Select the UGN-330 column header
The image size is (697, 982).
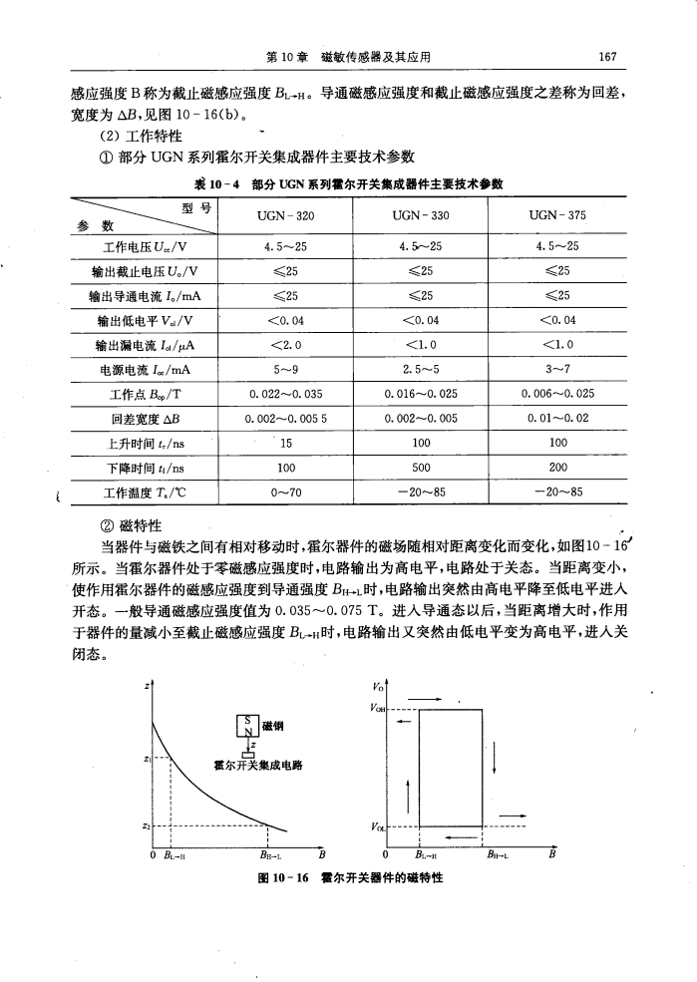[420, 215]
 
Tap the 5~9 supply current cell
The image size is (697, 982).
[284, 348]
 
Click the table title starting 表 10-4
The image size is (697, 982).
[348, 185]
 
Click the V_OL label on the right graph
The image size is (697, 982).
[376, 826]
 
